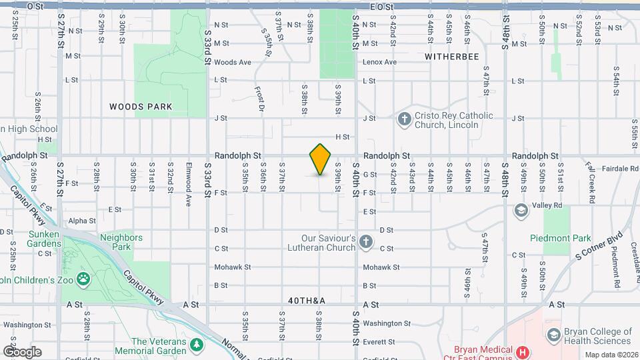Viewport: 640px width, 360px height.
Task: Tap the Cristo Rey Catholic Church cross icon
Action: coord(403,119)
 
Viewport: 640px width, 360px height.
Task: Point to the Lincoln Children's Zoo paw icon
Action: coord(83,279)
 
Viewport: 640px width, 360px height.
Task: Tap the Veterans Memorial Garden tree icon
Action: coord(196,345)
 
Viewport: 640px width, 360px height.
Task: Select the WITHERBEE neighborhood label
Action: coord(452,57)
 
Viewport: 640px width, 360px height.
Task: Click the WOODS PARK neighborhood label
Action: coord(141,107)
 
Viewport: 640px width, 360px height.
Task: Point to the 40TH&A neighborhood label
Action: coord(307,301)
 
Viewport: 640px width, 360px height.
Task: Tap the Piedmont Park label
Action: coord(560,238)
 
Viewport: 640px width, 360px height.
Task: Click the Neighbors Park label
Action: coord(121,241)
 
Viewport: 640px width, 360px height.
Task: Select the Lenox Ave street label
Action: coord(379,62)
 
